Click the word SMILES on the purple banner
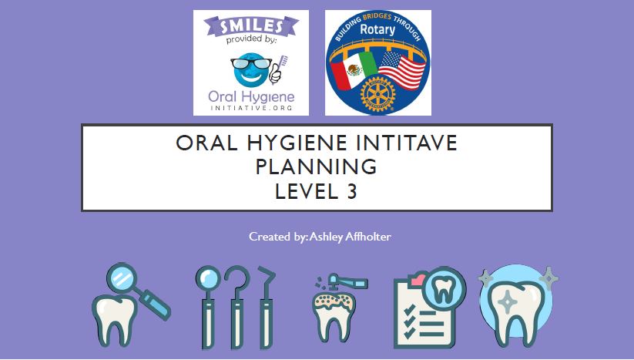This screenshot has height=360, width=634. pos(251,27)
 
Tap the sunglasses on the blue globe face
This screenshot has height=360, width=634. pos(251,63)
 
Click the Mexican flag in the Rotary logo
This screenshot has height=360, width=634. pos(354,69)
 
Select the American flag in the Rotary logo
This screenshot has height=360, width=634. pos(402,70)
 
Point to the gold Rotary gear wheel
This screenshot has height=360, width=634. pos(377,94)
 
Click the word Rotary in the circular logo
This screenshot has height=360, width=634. pos(377,29)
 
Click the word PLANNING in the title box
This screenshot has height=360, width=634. pos(317,167)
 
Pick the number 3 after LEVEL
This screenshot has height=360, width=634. pos(352,191)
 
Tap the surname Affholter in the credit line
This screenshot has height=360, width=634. pos(368,236)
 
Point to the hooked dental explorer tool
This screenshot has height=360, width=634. pos(237,308)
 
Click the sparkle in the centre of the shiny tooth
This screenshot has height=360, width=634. pos(507,302)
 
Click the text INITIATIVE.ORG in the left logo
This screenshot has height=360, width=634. pos(251,108)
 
